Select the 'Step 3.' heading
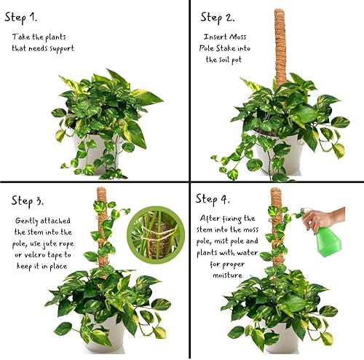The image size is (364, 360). tap(32, 199)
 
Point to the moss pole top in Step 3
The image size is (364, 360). tap(103, 195)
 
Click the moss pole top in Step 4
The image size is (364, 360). tap(277, 195)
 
